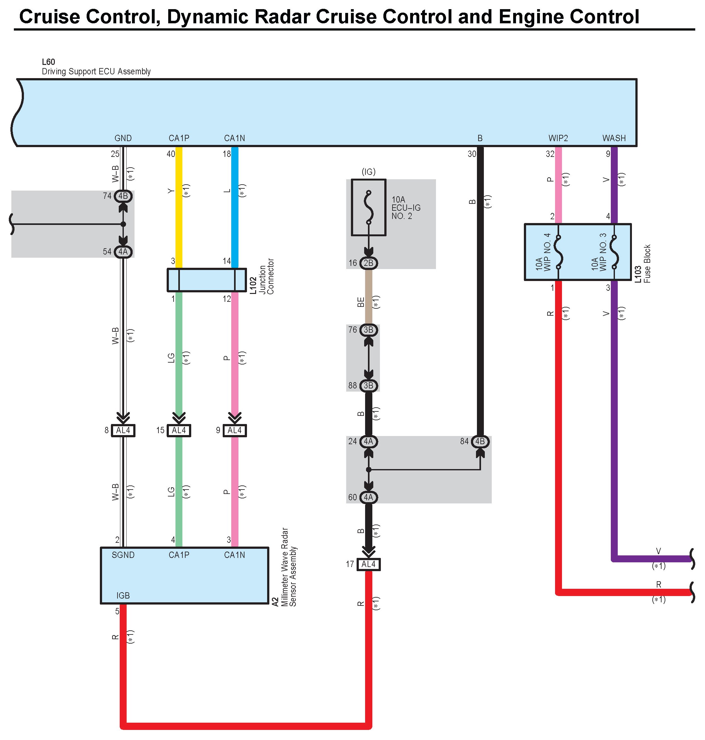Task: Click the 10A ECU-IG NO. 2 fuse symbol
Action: coord(368,208)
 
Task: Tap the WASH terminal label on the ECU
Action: coord(614,138)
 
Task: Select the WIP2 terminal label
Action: coord(558,138)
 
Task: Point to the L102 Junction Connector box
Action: coord(206,280)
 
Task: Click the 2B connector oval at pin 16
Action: coord(368,263)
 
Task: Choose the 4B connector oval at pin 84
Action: coord(480,441)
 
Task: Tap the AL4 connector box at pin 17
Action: coord(368,564)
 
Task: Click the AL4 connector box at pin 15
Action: coord(179,430)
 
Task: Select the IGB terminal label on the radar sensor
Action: coord(123,595)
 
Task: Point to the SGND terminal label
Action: coord(123,555)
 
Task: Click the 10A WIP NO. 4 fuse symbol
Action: coord(559,252)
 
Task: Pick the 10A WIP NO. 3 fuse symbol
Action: coord(614,252)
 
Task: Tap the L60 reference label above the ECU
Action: coord(49,62)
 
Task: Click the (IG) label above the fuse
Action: coord(368,172)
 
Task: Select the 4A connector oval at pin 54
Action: coord(123,251)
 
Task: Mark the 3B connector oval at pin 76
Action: coord(368,330)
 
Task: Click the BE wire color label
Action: coord(361,302)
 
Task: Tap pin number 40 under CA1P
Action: coord(171,154)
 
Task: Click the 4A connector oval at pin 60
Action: coord(368,497)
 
